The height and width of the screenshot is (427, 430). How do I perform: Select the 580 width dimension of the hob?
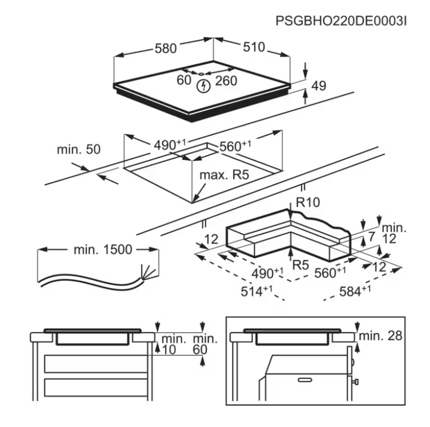point(165,48)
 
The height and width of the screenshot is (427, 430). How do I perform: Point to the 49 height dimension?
point(319,86)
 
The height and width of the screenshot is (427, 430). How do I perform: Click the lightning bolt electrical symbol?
point(205,86)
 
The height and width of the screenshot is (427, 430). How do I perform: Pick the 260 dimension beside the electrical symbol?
point(226,81)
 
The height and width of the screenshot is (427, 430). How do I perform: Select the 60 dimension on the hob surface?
point(184,81)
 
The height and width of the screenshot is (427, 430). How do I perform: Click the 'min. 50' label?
point(78,150)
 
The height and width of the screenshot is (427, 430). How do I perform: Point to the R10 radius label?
point(308,203)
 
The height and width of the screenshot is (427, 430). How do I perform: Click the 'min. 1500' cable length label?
point(103,250)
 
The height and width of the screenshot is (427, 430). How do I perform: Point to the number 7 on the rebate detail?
point(371,237)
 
